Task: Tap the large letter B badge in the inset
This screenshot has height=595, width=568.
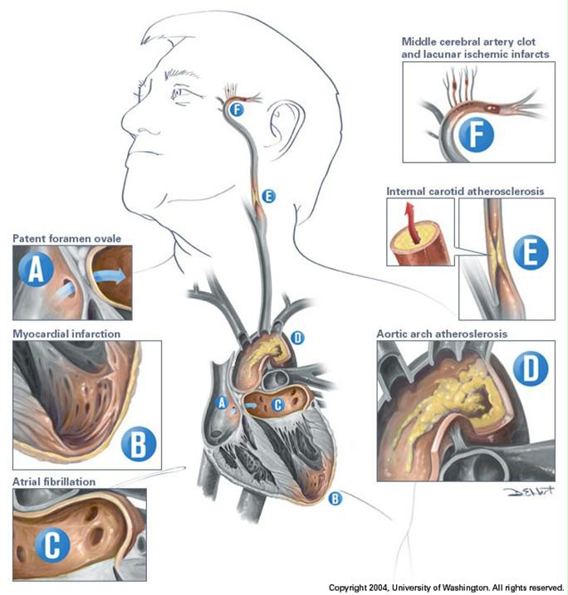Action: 138,444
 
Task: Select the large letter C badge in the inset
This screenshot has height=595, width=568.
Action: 51,545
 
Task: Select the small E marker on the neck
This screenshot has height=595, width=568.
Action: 267,196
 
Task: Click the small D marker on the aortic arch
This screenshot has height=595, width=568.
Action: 299,339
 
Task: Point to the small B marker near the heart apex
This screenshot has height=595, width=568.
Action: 334,499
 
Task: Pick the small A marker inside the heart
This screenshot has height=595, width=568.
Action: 221,402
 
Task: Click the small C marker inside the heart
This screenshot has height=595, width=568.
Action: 277,404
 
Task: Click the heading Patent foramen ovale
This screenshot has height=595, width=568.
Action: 67,239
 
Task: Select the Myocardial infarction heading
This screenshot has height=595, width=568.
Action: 68,334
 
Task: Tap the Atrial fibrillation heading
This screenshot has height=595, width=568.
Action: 54,481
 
